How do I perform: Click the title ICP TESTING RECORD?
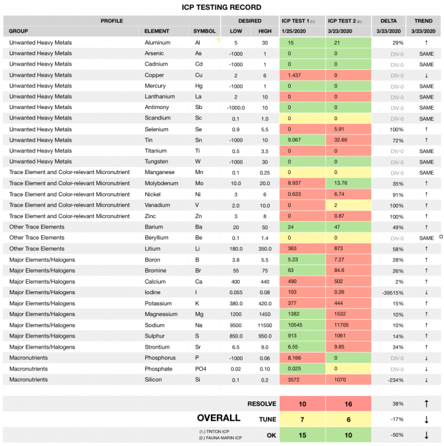click(222, 7)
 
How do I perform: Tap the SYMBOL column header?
click(203, 31)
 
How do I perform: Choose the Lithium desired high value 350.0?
click(264, 250)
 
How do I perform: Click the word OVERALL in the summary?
click(218, 418)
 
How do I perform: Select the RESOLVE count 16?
click(349, 404)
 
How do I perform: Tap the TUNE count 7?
click(302, 419)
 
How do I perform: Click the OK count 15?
click(302, 435)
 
